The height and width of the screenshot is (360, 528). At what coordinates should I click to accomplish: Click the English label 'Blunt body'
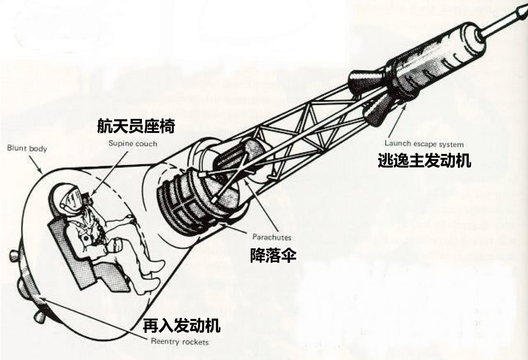(x=27, y=148)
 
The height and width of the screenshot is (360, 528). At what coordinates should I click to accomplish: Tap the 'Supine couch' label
(x=132, y=144)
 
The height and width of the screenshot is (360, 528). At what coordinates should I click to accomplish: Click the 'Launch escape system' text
(x=424, y=144)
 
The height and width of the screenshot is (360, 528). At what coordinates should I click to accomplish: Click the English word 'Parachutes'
(x=272, y=237)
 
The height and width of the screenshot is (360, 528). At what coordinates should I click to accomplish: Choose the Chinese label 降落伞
(x=273, y=255)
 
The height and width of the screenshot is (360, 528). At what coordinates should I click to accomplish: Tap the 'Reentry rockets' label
(x=180, y=342)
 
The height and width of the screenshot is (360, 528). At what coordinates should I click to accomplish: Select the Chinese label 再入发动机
(x=181, y=326)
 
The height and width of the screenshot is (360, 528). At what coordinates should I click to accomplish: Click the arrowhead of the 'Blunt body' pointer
(x=41, y=171)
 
